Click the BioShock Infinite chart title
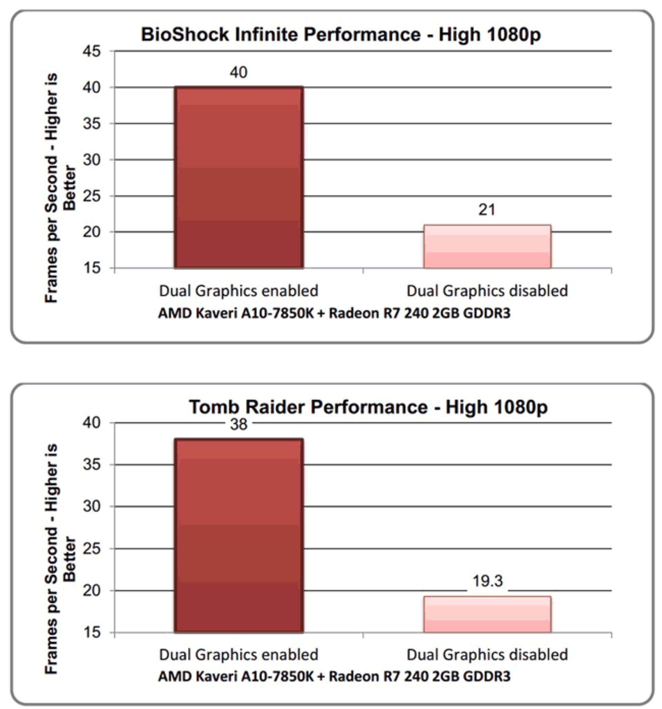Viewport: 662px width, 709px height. [341, 34]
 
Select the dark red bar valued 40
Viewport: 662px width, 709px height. [239, 177]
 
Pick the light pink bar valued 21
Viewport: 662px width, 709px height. [487, 247]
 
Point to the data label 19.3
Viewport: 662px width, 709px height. [487, 581]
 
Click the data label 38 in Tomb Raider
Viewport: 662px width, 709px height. [239, 424]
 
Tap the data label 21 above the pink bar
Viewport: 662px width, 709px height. [487, 210]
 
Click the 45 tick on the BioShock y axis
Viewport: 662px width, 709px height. [92, 51]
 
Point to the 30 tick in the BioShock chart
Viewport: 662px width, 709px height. [92, 160]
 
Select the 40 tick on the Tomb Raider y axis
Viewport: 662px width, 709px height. [92, 423]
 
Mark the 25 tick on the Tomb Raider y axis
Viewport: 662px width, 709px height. [92, 548]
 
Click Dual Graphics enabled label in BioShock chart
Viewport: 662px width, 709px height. [239, 291]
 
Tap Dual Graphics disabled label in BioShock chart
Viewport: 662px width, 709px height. [487, 291]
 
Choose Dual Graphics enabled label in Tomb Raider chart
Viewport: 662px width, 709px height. [239, 655]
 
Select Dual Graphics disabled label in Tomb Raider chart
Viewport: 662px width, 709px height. [487, 655]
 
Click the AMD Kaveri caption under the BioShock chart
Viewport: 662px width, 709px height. [334, 313]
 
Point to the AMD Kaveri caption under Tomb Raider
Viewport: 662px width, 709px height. [334, 676]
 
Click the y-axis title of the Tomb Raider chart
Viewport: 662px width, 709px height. [60, 558]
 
